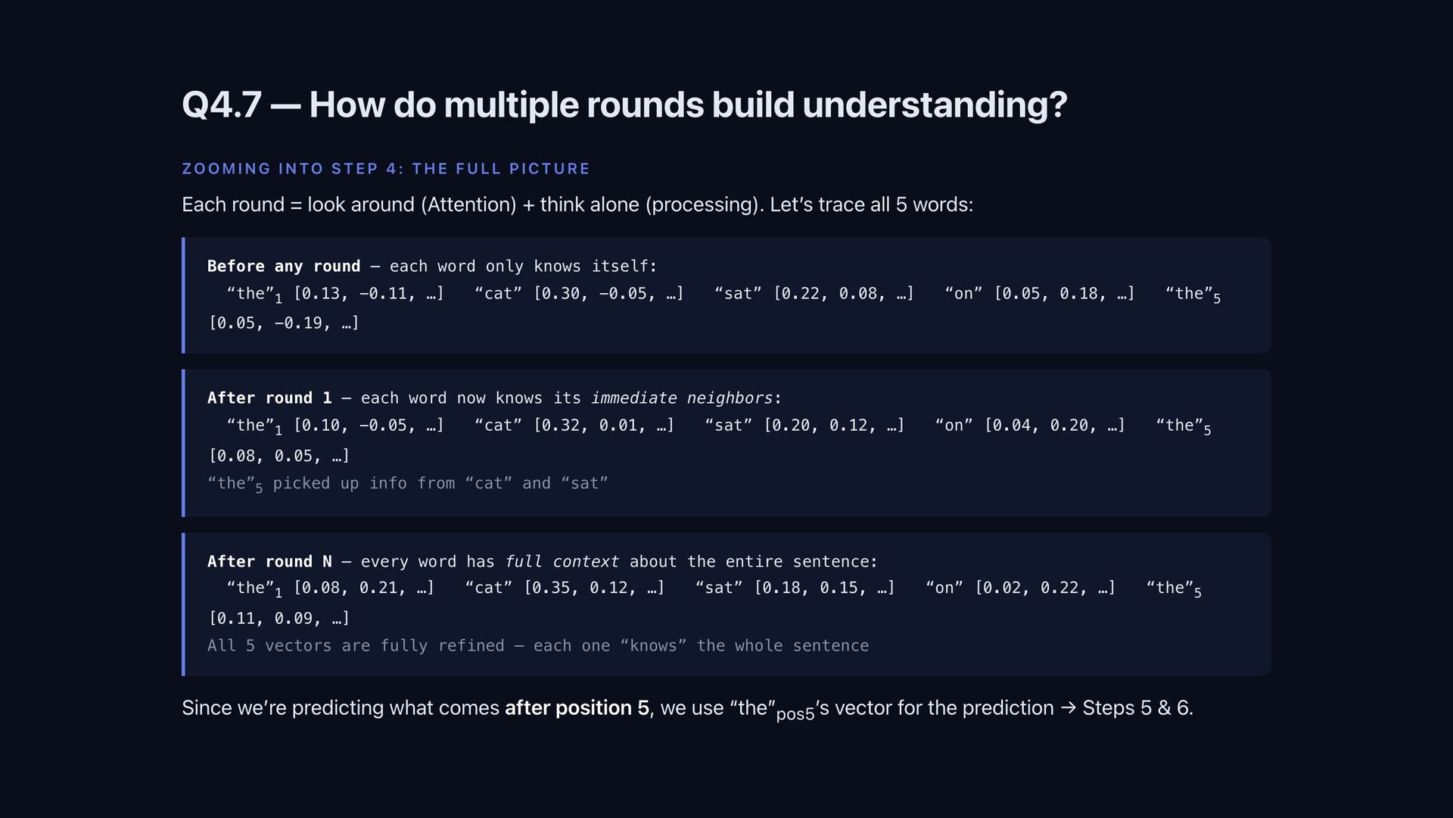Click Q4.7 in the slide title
tap(221, 105)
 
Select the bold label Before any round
tap(284, 267)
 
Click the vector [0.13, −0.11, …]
tap(369, 294)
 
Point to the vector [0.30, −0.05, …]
tap(608, 294)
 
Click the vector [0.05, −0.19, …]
tap(284, 323)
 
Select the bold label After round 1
tap(269, 398)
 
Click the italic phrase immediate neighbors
tap(682, 398)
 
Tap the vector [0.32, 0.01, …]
tap(603, 426)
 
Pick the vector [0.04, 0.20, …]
tap(1054, 426)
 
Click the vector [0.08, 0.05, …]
tap(279, 456)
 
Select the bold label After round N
tap(269, 562)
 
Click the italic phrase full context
tap(562, 562)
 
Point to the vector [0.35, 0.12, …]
tap(594, 589)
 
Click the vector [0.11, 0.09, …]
tap(279, 619)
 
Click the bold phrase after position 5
tap(577, 708)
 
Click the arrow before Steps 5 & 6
tap(1068, 708)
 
